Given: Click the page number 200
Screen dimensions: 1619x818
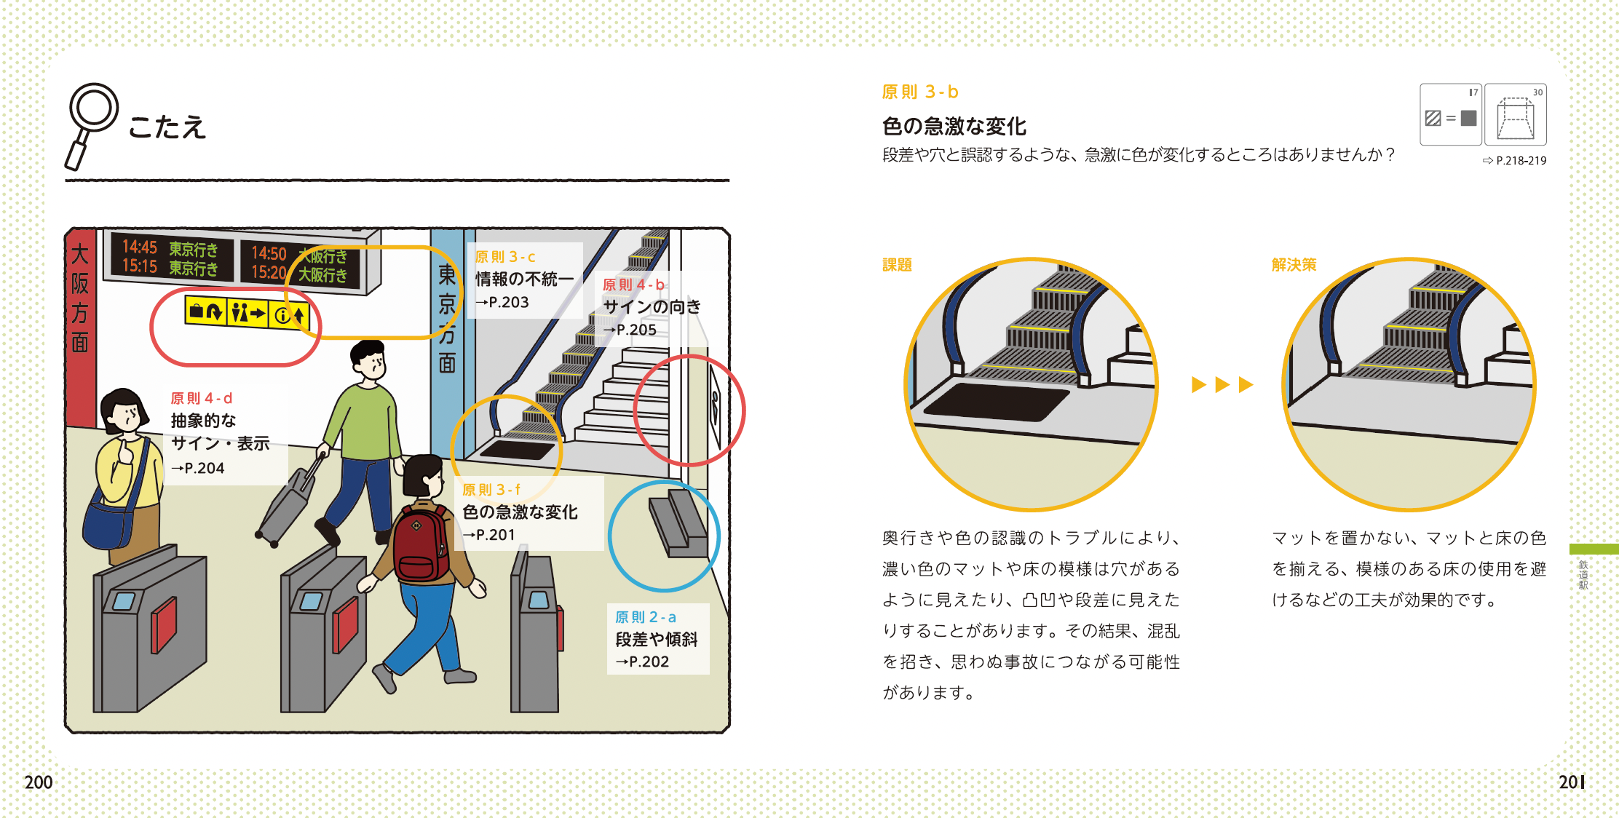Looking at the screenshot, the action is click(39, 782).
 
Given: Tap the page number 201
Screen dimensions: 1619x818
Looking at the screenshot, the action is click(1571, 782).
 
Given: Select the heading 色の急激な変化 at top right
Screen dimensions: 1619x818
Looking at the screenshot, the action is click(954, 127).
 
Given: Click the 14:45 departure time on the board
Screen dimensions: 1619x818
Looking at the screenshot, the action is click(139, 247).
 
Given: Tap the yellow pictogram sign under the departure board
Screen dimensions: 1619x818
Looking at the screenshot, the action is click(248, 314).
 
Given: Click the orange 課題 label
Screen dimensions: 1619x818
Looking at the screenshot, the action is click(897, 265).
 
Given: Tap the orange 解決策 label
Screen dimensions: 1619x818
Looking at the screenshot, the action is click(1294, 265).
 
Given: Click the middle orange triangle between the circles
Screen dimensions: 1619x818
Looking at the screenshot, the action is click(1222, 384).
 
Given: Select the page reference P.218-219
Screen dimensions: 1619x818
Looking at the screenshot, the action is click(1520, 161).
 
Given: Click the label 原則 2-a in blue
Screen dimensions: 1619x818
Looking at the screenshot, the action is click(645, 617).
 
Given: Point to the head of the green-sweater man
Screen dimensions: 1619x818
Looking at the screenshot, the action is click(368, 360).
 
